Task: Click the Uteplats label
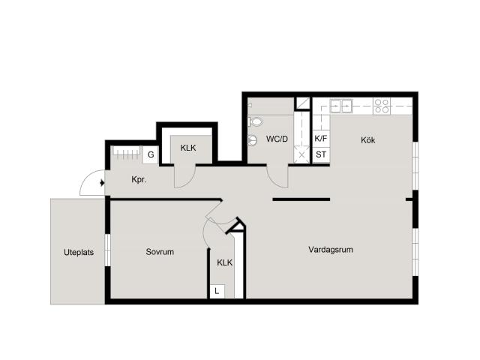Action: pos(79,253)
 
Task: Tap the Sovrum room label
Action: pos(160,252)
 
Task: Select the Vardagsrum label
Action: pos(331,250)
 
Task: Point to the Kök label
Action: pos(367,140)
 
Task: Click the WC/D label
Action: pos(277,139)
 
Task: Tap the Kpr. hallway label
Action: pos(139,180)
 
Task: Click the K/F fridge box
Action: pos(321,138)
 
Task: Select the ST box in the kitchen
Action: pos(321,154)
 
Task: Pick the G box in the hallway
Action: pos(151,154)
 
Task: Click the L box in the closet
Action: pos(217,291)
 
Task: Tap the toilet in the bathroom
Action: pos(255,121)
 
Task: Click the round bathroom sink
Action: pos(252,140)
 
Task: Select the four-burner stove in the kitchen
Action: pos(382,106)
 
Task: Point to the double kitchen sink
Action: pos(340,106)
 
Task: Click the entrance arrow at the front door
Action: pos(102,183)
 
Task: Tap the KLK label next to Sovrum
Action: pos(225,262)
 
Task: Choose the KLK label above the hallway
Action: pos(188,148)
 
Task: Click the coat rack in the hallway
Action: pos(127,152)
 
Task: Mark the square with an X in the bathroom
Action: pos(301,154)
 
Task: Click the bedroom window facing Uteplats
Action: pos(107,250)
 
